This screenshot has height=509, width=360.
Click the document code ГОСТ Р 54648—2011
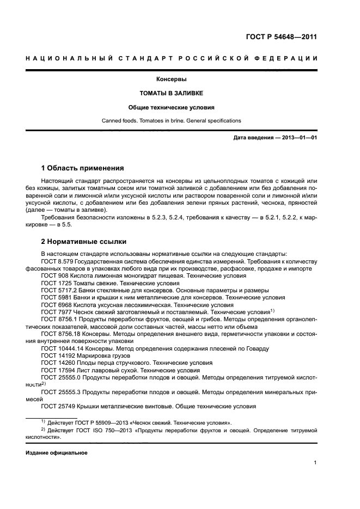[x=280, y=38]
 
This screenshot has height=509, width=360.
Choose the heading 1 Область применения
[x=83, y=168]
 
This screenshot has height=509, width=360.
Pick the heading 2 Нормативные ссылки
[x=83, y=241]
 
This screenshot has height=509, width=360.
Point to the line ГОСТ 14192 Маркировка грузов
[x=83, y=355]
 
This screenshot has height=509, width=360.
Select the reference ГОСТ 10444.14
[x=63, y=348]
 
